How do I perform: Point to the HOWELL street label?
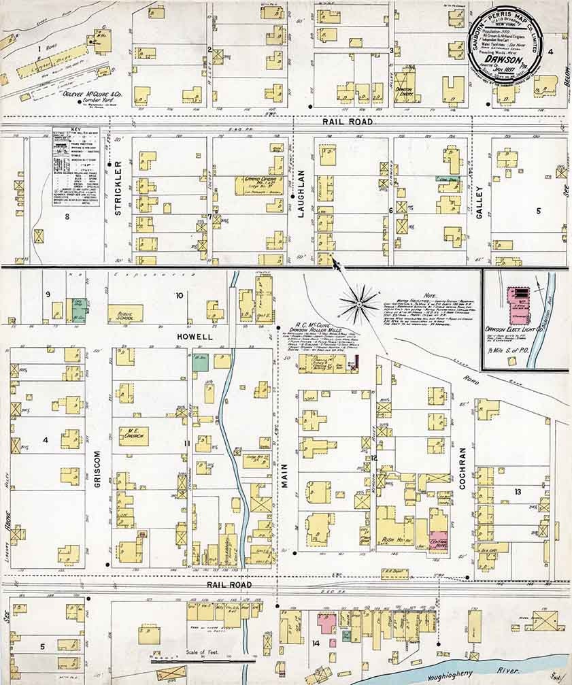pos(195,337)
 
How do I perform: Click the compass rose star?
pos(360,302)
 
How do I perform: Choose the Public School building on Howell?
pos(125,314)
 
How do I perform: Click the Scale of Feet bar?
pos(201,658)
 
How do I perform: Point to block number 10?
pos(180,295)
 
